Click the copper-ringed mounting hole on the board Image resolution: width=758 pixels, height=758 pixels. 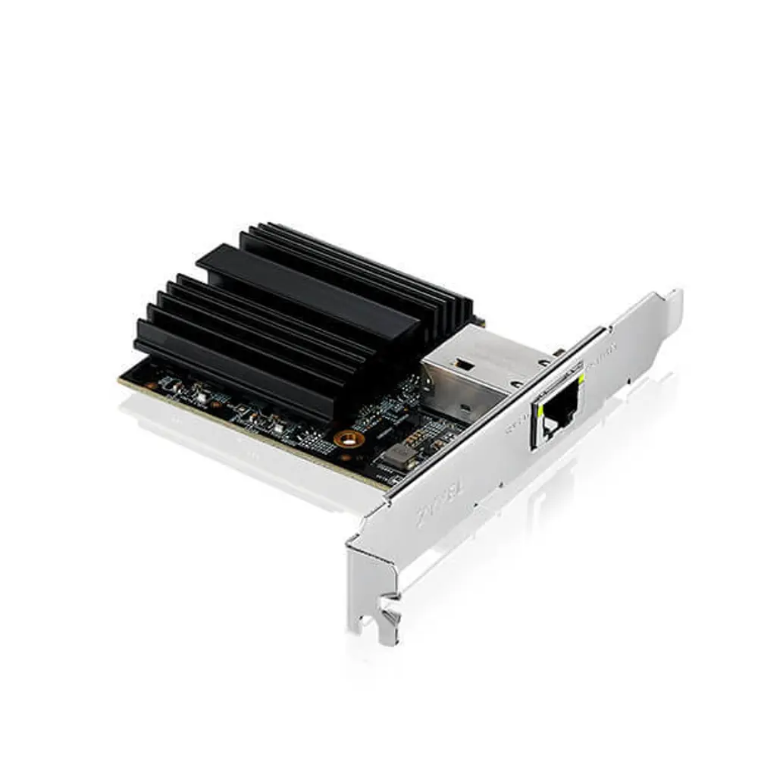tap(348, 438)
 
